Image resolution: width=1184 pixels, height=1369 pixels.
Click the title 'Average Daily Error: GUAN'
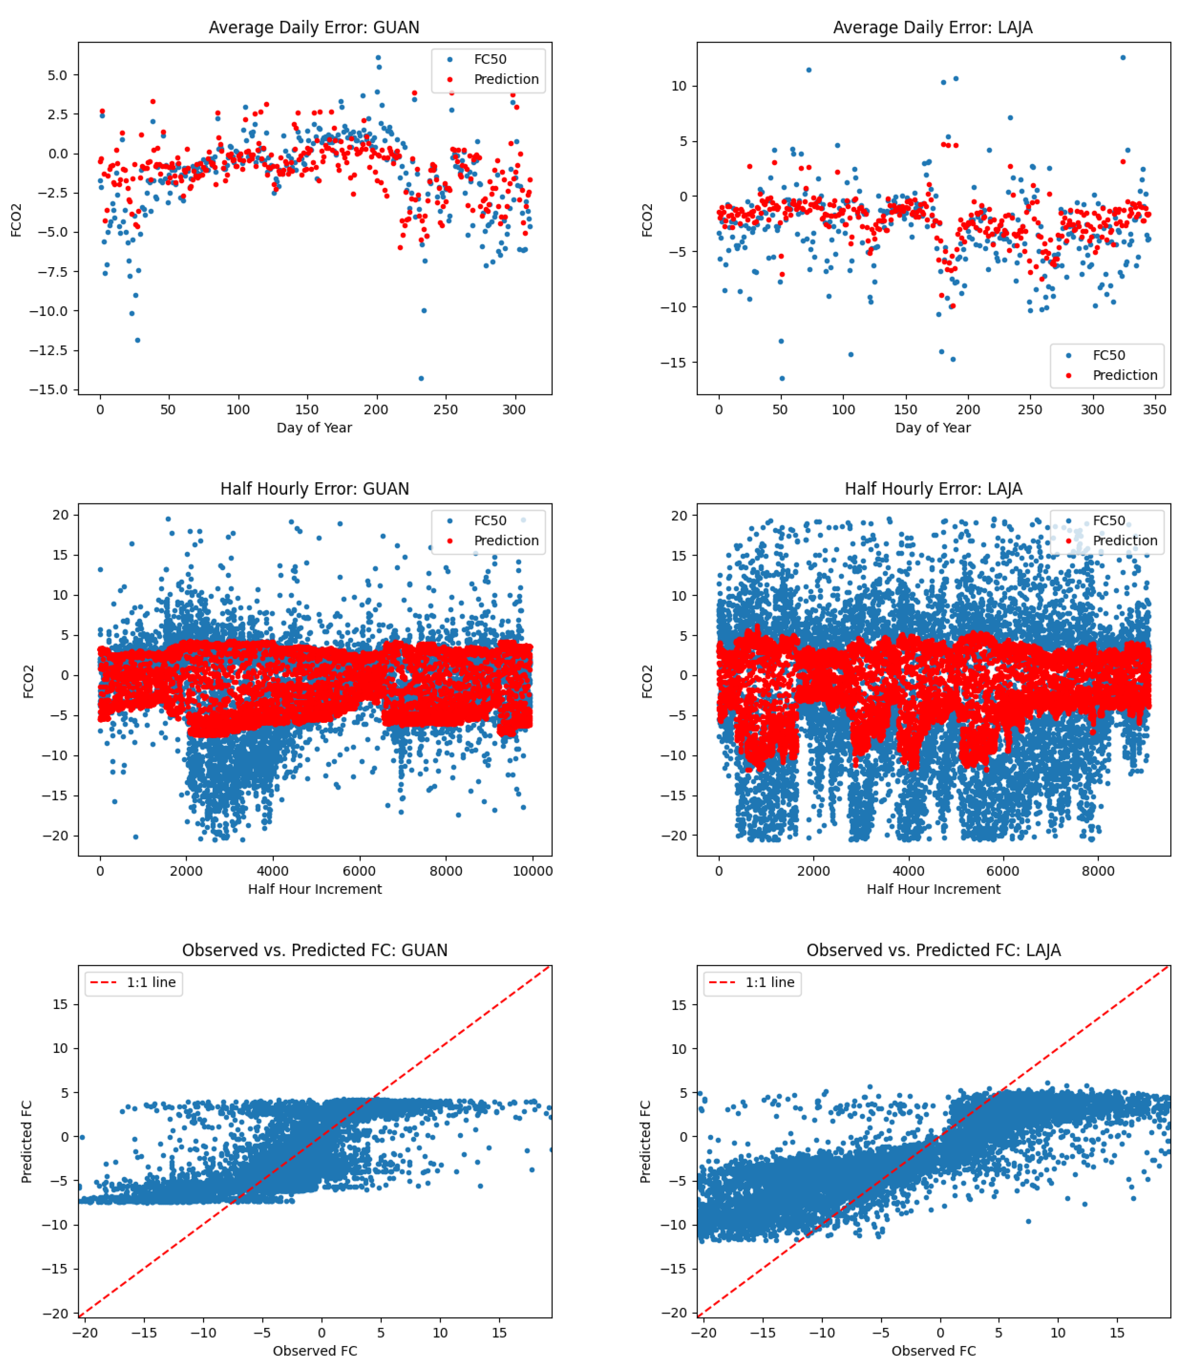(314, 27)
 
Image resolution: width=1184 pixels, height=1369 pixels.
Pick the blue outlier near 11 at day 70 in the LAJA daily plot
(809, 70)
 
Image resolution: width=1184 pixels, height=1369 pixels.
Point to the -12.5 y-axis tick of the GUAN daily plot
(48, 350)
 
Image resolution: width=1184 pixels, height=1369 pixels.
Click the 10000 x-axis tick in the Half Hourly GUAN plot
(532, 871)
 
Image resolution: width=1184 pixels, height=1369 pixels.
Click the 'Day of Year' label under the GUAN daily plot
(314, 427)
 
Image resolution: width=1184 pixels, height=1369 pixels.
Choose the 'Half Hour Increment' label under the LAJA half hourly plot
(933, 889)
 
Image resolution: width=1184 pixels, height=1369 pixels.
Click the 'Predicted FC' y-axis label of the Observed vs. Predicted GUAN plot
(27, 1142)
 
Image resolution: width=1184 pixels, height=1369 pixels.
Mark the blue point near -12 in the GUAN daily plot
(137, 340)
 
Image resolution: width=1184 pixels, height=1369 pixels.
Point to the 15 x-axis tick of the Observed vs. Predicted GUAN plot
(499, 1333)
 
